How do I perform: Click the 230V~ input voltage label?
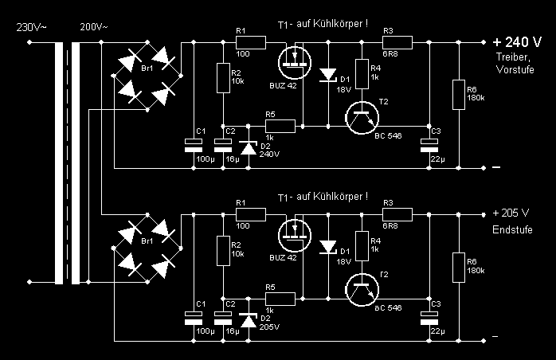pyautogui.click(x=32, y=27)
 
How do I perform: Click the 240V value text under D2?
pyautogui.click(x=269, y=155)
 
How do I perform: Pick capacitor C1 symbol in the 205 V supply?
pyautogui.click(x=192, y=316)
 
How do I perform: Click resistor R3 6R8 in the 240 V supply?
pyautogui.click(x=397, y=41)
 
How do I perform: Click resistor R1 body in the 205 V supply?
pyautogui.click(x=249, y=213)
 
